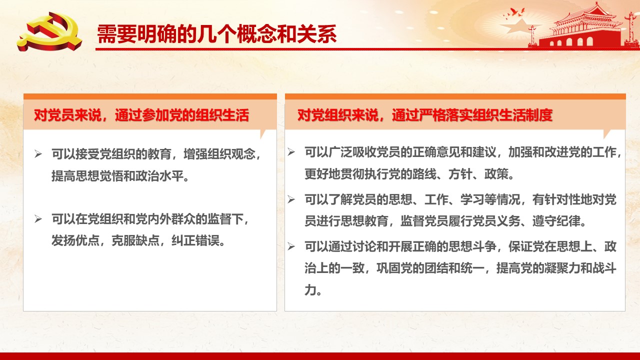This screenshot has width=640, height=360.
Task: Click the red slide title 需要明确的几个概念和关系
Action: (217, 34)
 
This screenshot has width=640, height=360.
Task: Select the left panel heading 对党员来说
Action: (67, 115)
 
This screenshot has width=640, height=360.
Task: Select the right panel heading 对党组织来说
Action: (337, 115)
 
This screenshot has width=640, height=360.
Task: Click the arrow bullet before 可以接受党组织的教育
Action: (38, 154)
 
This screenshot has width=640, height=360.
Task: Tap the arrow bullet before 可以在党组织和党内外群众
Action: (38, 219)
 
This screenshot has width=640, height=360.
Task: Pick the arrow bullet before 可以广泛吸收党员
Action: (291, 152)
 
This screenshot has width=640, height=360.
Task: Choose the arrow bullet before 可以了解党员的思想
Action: (291, 199)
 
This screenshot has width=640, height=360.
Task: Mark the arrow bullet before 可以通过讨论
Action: (291, 246)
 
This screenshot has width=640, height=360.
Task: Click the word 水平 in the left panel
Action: (171, 175)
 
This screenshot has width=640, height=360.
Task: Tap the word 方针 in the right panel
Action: (460, 174)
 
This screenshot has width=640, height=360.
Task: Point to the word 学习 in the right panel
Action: (472, 199)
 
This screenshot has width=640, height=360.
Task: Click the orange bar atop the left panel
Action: (150, 96)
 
